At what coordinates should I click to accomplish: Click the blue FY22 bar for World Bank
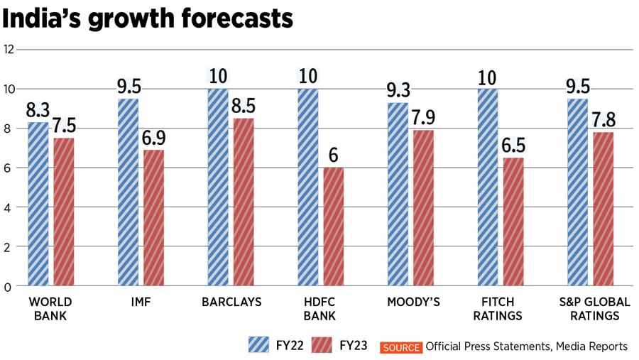(x=38, y=204)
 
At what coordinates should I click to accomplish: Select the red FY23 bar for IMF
(x=154, y=218)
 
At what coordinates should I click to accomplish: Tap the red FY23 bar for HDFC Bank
(x=334, y=227)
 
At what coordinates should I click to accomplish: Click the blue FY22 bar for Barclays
(x=218, y=187)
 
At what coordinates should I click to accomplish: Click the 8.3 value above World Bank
(x=38, y=111)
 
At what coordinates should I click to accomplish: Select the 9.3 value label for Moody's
(x=398, y=91)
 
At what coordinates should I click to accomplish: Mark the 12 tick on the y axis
(x=9, y=50)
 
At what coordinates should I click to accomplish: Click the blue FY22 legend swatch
(x=258, y=345)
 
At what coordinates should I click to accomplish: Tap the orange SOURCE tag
(x=402, y=347)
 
